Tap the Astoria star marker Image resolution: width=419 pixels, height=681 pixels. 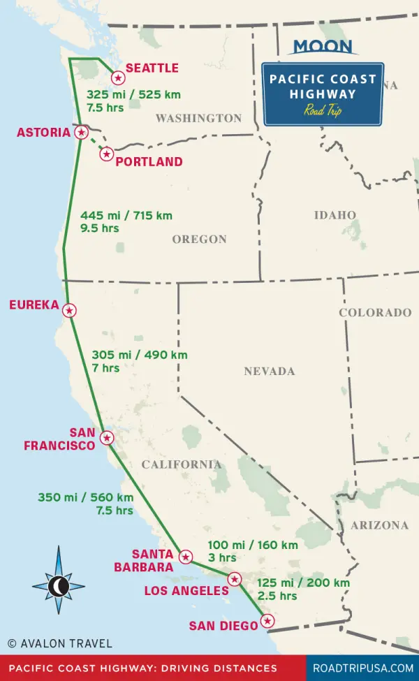[x=82, y=132]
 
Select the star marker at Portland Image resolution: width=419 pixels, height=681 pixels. [x=106, y=154]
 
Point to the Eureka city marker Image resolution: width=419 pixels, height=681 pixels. [x=69, y=310]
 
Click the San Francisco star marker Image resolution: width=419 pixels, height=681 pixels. [x=106, y=438]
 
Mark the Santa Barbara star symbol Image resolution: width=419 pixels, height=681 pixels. [x=186, y=557]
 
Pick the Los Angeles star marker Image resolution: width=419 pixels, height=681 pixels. [x=235, y=578]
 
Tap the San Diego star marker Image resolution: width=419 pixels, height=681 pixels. [x=267, y=621]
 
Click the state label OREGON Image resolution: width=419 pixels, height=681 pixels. [x=200, y=240]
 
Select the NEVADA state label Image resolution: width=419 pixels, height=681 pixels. [x=270, y=372]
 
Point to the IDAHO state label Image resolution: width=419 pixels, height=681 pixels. [x=335, y=215]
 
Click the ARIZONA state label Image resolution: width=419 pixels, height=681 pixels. [x=380, y=525]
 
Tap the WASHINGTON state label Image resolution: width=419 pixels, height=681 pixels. [x=198, y=119]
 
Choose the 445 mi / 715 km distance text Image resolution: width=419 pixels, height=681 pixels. [x=126, y=216]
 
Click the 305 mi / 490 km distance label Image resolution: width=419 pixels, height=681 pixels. [x=140, y=355]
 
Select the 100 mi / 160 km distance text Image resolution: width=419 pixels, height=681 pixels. [x=253, y=545]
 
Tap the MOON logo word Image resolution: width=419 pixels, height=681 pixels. [x=323, y=47]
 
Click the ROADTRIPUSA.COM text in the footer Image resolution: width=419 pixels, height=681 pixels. [x=362, y=668]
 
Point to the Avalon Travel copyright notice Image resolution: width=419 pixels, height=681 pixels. [x=59, y=643]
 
